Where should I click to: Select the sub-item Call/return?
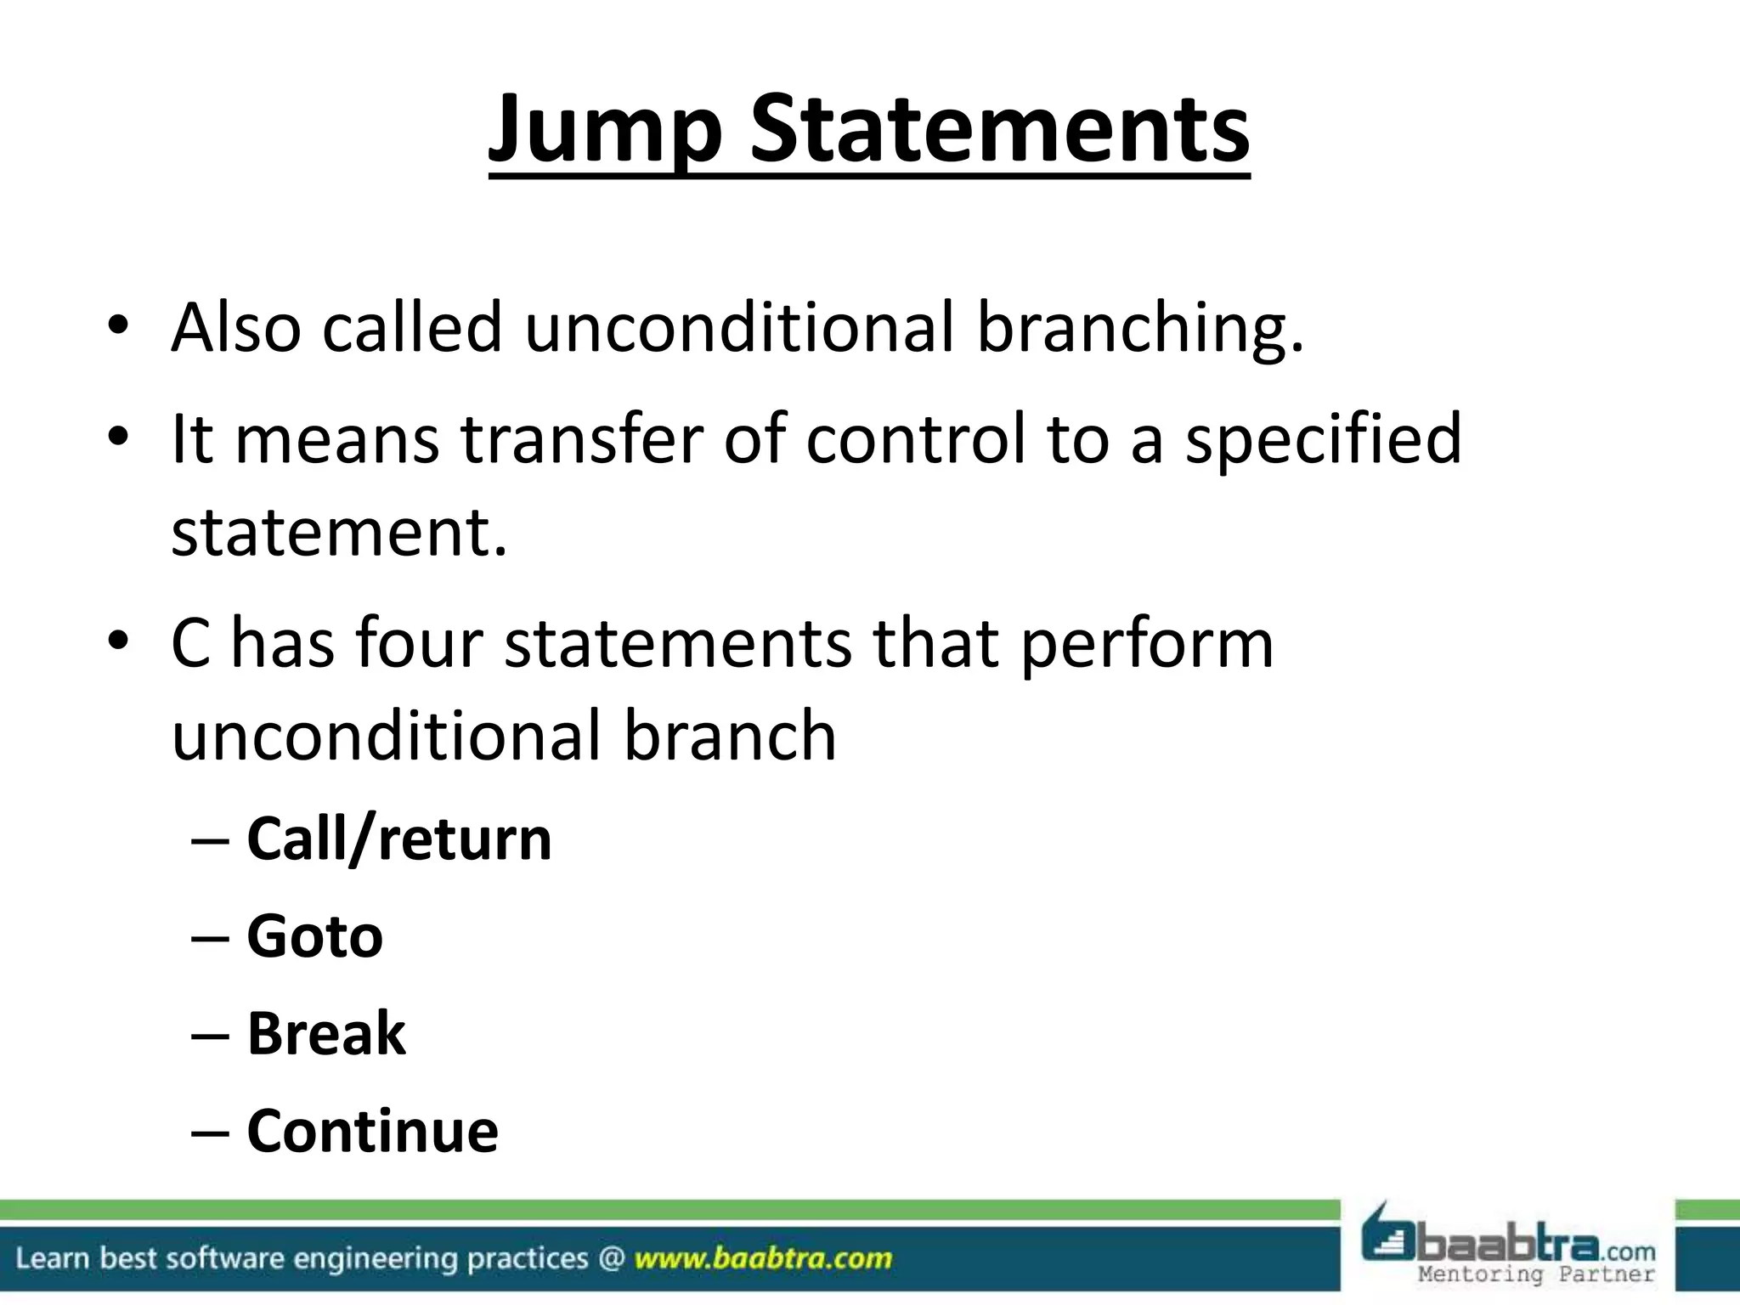[x=398, y=839]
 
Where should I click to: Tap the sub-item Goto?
[x=314, y=936]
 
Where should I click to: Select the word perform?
[x=1146, y=642]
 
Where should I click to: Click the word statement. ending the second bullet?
[x=339, y=532]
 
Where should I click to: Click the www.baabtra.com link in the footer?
[x=763, y=1258]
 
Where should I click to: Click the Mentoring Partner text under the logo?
[x=1536, y=1274]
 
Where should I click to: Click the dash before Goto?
[x=210, y=938]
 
